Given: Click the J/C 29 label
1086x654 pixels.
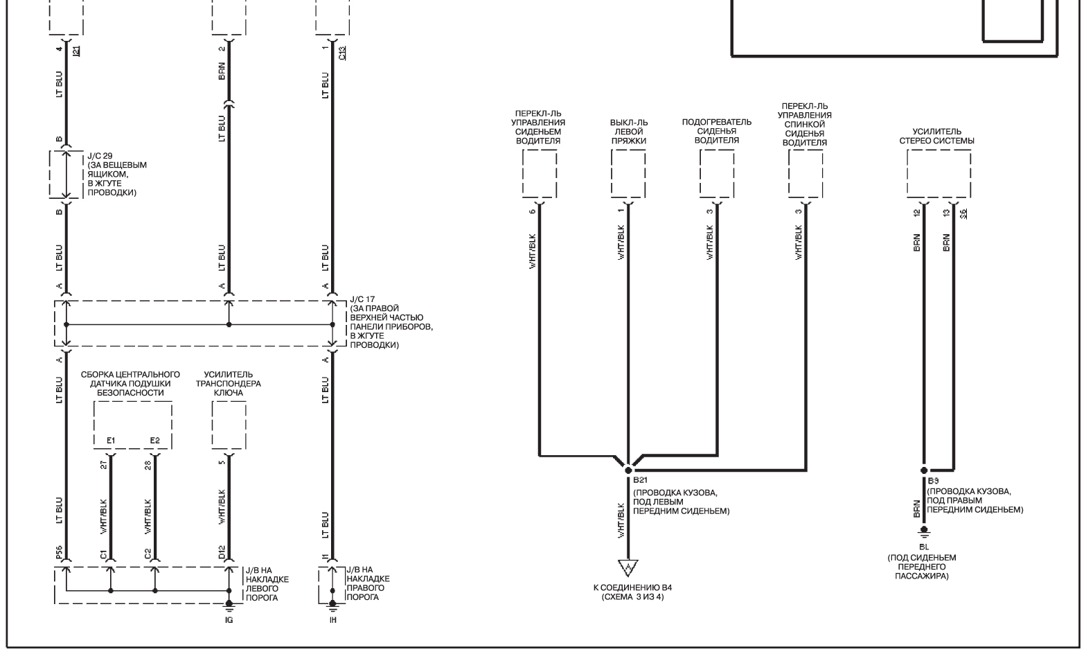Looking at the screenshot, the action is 100,156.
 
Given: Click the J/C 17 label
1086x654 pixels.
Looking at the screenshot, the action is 362,299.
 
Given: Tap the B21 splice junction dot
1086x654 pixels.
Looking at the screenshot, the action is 628,470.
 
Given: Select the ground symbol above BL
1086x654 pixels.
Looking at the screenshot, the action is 924,532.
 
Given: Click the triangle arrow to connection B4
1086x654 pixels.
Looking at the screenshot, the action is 627,567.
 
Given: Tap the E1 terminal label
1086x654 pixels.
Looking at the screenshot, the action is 111,441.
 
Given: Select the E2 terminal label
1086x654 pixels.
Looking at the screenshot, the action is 154,441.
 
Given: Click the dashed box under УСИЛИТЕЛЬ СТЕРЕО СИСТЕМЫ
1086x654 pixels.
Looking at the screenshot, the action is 938,150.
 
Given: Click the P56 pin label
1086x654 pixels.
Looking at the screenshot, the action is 59,553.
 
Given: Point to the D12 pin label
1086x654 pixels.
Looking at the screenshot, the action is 222,553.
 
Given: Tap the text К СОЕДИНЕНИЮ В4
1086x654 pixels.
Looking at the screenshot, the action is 633,587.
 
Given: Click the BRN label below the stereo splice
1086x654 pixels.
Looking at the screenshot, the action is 917,509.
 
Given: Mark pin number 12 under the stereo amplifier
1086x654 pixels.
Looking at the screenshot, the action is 917,213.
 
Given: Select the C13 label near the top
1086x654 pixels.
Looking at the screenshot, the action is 342,53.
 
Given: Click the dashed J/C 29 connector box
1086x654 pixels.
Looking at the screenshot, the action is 50,175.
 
